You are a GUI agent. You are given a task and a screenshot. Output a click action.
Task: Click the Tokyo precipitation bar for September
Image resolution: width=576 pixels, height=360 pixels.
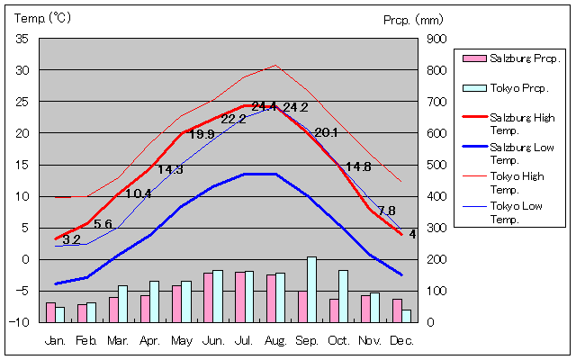point(311,289)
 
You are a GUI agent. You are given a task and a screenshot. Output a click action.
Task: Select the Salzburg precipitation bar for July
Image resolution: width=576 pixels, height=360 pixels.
point(239,296)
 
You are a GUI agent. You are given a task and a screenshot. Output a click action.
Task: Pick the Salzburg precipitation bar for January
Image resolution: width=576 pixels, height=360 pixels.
point(50,311)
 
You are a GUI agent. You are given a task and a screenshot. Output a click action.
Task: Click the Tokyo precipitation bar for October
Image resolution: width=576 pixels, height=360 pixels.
point(343,295)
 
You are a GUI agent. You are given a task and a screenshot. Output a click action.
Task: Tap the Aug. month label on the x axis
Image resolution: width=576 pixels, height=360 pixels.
point(275,340)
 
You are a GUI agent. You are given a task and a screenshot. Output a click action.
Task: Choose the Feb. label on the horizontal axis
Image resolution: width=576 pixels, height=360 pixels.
point(86,340)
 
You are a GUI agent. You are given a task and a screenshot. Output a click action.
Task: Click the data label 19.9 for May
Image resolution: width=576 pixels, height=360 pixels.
point(202,135)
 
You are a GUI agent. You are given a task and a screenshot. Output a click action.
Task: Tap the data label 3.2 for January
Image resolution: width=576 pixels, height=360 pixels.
point(71,239)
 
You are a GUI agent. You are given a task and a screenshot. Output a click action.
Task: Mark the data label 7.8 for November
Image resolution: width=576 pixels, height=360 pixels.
point(386,211)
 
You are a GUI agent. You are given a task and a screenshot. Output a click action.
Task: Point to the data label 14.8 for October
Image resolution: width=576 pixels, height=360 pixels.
point(358,166)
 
